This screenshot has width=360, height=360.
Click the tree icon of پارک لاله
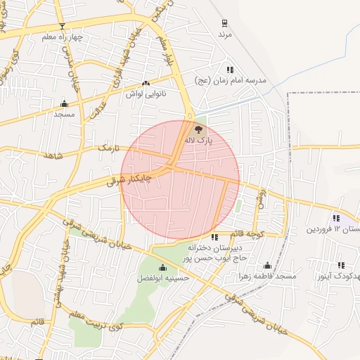198,129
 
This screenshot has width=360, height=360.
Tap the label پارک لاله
198,141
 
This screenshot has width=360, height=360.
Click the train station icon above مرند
224,23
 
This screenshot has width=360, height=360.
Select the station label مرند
224,34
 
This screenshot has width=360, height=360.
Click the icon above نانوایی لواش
146,83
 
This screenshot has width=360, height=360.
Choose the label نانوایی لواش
144,94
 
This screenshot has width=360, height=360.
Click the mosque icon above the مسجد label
64,103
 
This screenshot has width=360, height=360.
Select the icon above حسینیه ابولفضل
163,267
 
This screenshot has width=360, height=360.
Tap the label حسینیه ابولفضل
163,278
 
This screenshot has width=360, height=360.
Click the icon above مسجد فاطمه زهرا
267,265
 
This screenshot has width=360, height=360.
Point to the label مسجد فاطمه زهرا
267,276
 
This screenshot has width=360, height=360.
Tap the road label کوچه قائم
249,233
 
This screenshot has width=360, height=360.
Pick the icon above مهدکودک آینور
342,265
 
